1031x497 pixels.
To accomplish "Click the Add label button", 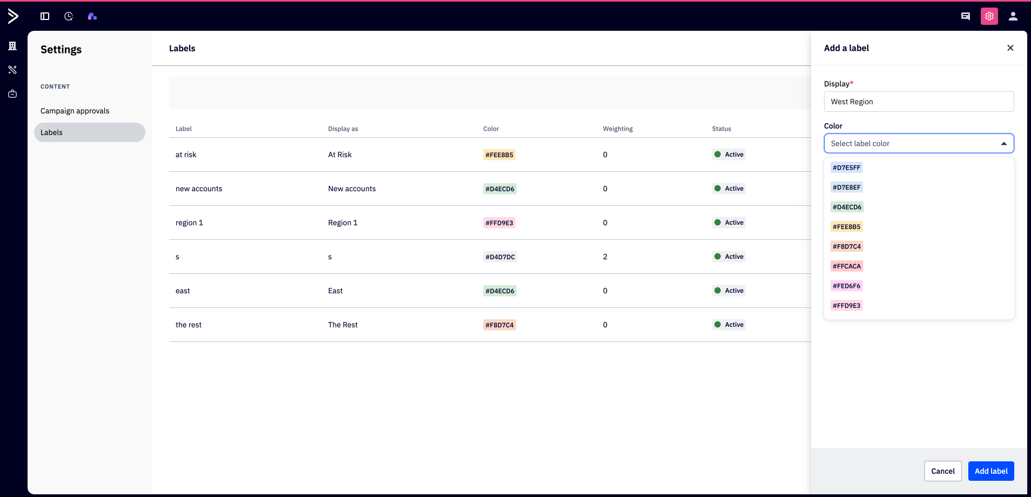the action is point(991,471).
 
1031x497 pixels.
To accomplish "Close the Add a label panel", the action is point(1010,48).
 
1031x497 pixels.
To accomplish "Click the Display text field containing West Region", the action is point(919,102).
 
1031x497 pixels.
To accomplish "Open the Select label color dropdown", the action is point(919,144).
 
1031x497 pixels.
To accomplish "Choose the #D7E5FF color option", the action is point(846,167).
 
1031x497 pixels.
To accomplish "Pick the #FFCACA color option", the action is point(847,266).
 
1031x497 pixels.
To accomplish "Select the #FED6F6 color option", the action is point(846,286).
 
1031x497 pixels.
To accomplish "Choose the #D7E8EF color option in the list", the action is point(846,187).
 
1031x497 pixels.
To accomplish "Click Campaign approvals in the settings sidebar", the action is point(75,111).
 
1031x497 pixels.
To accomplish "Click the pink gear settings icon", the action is point(989,16).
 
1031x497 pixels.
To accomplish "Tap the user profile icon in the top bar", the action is point(1013,16).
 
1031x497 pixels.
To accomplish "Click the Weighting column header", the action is point(618,129).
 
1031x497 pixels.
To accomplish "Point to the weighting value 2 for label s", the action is point(605,257).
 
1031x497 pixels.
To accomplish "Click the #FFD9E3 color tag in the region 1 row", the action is point(499,223).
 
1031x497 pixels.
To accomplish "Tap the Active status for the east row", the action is point(729,291).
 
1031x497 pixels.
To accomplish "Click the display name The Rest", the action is point(343,325).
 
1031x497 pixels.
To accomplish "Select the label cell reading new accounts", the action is point(199,189).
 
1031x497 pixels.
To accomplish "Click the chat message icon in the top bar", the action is point(966,16).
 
